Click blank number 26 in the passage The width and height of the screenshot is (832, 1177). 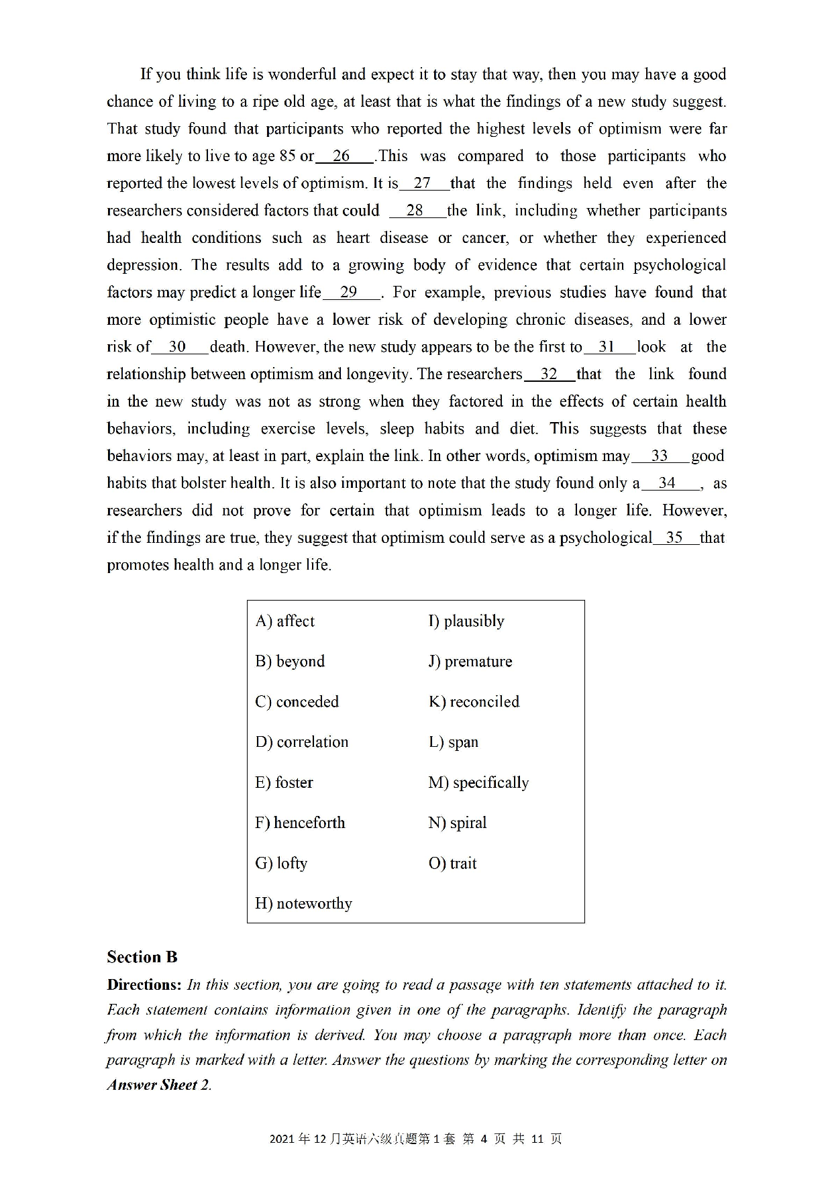click(x=342, y=156)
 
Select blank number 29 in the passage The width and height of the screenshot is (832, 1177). click(x=350, y=293)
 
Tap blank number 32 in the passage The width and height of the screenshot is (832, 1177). click(x=549, y=374)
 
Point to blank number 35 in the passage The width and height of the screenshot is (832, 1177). click(x=674, y=538)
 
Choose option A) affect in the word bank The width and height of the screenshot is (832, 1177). click(x=285, y=621)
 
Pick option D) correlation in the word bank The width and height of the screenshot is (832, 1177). click(x=302, y=742)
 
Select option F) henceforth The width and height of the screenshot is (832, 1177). click(x=300, y=823)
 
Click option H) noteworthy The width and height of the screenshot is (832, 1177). click(x=303, y=904)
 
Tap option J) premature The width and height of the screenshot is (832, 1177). click(x=470, y=662)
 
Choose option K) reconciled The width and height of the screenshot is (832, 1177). click(x=474, y=702)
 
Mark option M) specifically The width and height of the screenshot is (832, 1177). click(x=478, y=782)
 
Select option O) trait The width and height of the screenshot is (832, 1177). click(x=452, y=864)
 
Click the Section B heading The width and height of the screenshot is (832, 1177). click(x=142, y=958)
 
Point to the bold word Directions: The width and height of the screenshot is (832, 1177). click(x=144, y=985)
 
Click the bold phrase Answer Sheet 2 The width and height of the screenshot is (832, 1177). click(x=158, y=1085)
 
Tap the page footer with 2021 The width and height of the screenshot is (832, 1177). click(x=415, y=1139)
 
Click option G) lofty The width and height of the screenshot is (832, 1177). click(x=281, y=864)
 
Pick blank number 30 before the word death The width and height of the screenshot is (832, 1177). click(x=178, y=347)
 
